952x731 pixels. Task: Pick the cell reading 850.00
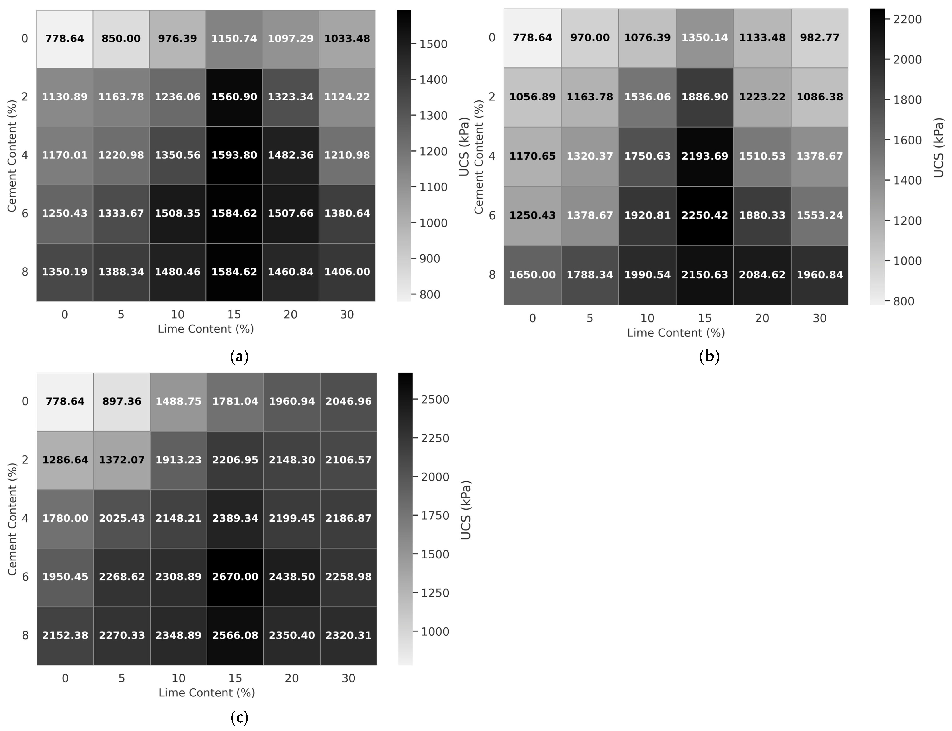[121, 39]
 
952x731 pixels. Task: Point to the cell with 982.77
[819, 38]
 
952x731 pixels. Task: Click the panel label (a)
[239, 357]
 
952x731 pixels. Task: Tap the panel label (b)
[709, 357]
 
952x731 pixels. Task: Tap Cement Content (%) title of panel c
[12, 519]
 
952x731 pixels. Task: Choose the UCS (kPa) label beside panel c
[465, 510]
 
